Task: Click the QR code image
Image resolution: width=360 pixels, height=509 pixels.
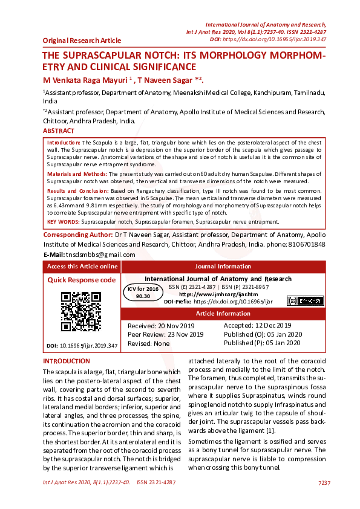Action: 80,311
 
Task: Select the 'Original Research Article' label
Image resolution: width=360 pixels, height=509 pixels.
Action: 82,41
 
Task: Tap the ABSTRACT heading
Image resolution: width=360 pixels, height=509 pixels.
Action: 59,131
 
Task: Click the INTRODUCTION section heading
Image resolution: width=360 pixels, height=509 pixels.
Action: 66,361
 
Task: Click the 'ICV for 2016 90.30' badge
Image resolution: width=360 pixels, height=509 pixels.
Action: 143,293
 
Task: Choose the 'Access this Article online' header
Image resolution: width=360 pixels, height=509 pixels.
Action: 82,266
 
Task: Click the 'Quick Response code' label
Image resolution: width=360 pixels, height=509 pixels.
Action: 81,280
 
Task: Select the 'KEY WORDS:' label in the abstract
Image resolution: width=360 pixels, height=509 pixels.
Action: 64,222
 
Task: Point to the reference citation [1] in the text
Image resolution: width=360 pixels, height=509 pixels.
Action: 254,430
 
